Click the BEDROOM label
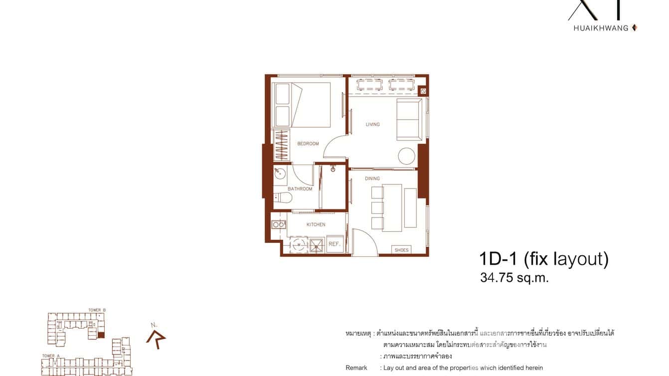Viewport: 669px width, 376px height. pos(308,144)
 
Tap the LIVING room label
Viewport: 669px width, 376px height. pos(372,124)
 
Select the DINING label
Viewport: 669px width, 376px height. pos(372,179)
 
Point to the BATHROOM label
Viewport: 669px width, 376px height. pos(300,189)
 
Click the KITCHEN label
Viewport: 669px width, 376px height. pos(316,225)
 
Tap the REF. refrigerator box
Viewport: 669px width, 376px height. pos(334,244)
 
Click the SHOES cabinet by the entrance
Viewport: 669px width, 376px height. pos(401,250)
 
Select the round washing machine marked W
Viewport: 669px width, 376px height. pos(299,245)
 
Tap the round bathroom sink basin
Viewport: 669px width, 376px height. pos(280,174)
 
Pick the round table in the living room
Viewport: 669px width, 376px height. pos(406,157)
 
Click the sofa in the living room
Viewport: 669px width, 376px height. pos(408,120)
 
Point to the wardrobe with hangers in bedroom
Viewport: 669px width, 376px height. pos(282,145)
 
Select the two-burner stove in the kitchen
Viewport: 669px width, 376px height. pos(278,225)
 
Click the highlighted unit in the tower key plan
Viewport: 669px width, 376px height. pos(101,335)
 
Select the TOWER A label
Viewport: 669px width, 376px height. pos(48,356)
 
